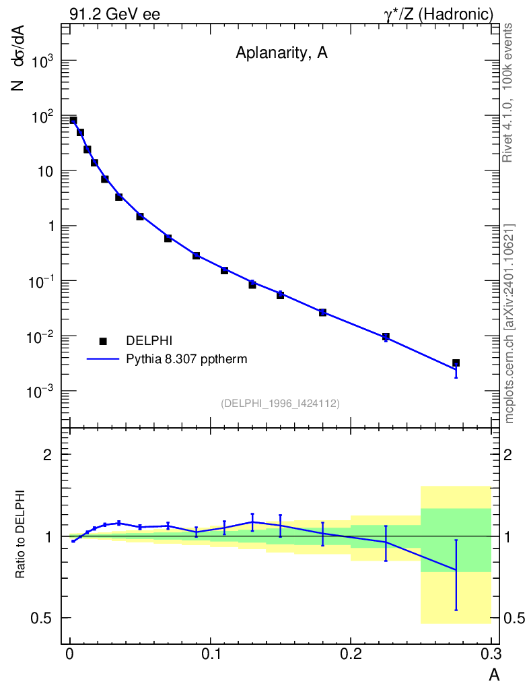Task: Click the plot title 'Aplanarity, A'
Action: (x=281, y=53)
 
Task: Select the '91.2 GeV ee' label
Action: (x=114, y=14)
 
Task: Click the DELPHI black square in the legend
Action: (x=103, y=342)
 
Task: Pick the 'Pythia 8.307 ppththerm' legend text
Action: (x=186, y=359)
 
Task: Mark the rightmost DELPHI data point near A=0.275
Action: (x=456, y=363)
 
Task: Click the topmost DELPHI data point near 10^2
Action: (x=73, y=121)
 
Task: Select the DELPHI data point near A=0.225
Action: (x=386, y=336)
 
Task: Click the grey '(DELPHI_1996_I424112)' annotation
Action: (x=280, y=403)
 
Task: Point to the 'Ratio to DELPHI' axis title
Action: (x=21, y=534)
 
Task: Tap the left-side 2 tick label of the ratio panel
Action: (x=48, y=454)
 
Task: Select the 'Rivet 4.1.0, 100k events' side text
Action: (x=508, y=92)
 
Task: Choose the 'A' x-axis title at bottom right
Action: (x=493, y=675)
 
